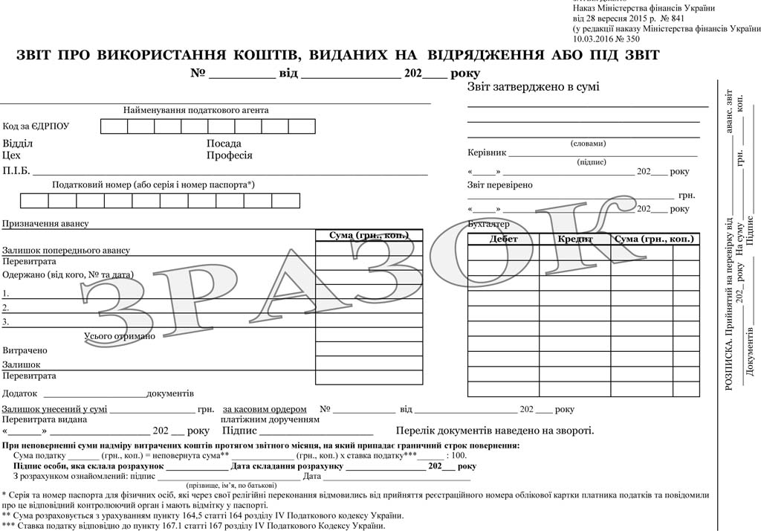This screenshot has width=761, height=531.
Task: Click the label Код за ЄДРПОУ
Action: [36, 126]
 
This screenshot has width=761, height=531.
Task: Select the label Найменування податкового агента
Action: [196, 111]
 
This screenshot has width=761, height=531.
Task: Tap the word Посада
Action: [224, 144]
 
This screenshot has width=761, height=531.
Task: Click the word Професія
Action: [230, 156]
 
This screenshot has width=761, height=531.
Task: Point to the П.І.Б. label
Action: [16, 171]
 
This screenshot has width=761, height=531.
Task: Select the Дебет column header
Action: [503, 239]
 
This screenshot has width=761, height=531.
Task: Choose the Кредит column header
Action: [574, 239]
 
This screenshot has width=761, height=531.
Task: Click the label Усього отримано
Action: [120, 336]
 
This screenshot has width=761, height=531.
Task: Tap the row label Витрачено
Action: [25, 350]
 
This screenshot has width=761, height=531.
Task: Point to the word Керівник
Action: [487, 152]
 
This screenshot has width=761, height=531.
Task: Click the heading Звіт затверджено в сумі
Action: [533, 87]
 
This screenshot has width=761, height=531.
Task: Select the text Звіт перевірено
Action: [499, 185]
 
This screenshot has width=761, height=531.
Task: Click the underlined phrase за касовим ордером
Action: [265, 409]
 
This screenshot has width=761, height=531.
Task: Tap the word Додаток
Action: [20, 393]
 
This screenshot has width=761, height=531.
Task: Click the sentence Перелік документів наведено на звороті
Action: [494, 431]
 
